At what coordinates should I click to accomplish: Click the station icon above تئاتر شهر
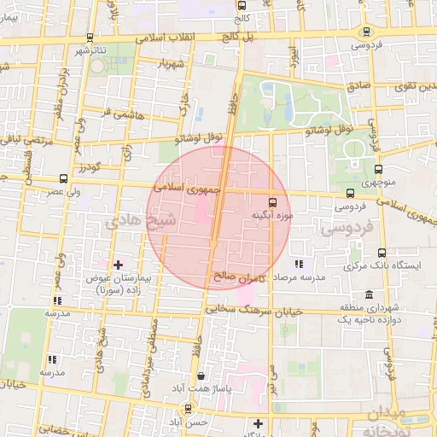[x=90, y=38]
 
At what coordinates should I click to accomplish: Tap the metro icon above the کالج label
[x=242, y=5]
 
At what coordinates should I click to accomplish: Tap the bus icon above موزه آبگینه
[x=272, y=202]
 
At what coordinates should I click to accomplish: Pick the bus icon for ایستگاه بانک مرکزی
[x=381, y=253]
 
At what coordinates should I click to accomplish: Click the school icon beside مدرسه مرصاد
[x=298, y=265]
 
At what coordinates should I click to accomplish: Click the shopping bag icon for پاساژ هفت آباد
[x=201, y=376]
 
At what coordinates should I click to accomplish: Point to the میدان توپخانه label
[x=396, y=420]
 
